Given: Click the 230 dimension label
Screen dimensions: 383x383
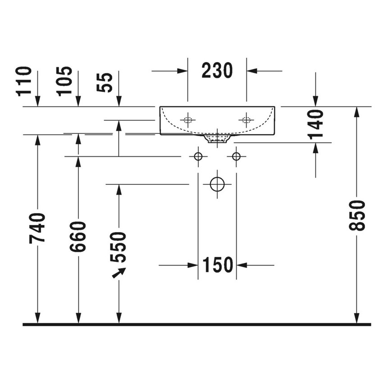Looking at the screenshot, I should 217,71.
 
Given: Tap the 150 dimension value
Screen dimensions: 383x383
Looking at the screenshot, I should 217,265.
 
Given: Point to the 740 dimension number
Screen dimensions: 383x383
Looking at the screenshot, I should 37,228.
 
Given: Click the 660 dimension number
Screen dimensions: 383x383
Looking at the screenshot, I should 78,236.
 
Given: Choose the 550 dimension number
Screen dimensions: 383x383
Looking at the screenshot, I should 119,247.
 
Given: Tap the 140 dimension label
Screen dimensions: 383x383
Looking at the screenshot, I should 316,123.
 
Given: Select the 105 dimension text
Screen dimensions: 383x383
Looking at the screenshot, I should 65,81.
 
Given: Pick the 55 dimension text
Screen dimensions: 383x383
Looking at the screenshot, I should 106,82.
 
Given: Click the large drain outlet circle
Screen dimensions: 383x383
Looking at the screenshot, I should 217,184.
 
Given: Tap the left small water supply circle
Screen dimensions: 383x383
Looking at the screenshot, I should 197,156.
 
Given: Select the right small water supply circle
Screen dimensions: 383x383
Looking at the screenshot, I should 236,156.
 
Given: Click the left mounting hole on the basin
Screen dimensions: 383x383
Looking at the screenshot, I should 187,120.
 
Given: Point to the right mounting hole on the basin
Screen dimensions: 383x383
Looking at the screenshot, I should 246,120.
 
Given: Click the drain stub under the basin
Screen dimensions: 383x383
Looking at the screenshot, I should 217,139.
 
